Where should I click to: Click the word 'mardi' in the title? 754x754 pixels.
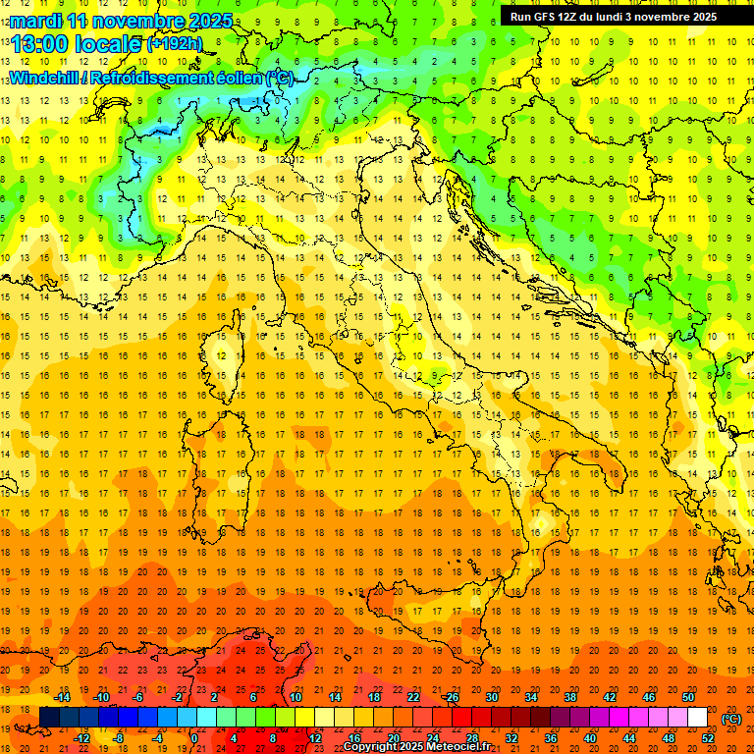click(x=35, y=21)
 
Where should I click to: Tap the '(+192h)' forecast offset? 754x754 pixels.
click(x=175, y=43)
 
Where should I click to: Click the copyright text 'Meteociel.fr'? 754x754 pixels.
click(x=458, y=747)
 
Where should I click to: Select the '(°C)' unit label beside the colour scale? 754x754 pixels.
click(x=731, y=719)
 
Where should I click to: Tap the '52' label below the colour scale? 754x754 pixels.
click(x=708, y=738)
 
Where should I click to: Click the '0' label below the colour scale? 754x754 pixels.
click(x=194, y=738)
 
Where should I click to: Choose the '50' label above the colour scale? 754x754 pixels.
click(x=687, y=697)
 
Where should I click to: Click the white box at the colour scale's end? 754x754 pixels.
click(x=697, y=718)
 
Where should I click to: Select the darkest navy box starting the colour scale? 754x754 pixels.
click(x=49, y=718)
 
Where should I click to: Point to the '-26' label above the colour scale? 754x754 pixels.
click(x=451, y=697)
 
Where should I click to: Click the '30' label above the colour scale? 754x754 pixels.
click(x=491, y=697)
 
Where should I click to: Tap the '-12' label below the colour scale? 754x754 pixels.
click(x=82, y=738)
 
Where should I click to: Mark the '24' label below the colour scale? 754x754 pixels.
click(x=432, y=738)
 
